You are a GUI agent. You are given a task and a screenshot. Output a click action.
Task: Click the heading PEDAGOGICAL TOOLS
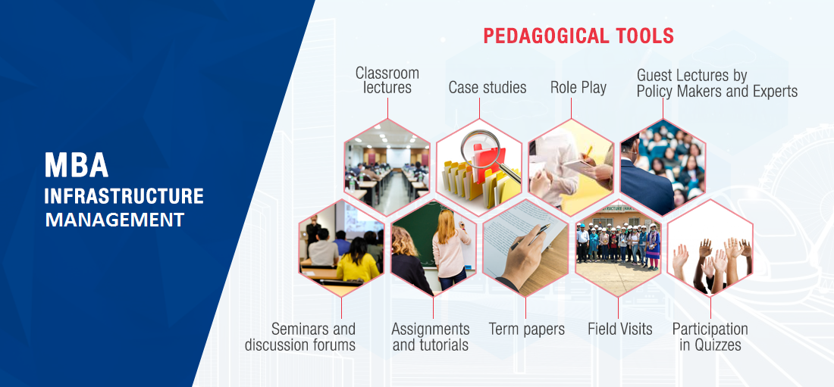point(578,36)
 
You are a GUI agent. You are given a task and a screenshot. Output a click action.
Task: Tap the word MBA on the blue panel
point(77,165)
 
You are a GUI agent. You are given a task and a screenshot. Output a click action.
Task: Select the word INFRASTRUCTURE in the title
point(124,196)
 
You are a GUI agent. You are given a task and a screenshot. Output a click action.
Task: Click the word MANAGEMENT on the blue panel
point(114,220)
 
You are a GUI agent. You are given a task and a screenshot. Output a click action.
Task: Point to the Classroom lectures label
point(387,80)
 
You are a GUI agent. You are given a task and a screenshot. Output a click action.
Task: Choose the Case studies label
point(488,87)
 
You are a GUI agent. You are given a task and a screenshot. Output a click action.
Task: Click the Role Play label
point(578,88)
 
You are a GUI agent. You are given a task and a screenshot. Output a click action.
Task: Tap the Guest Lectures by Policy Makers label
point(717,83)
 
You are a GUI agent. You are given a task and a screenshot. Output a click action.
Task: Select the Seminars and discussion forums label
point(300,336)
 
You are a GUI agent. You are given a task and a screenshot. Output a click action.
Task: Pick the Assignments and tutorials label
point(431,336)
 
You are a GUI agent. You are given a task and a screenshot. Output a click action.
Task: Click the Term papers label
point(527,329)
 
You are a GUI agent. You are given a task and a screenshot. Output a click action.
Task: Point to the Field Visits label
point(619,329)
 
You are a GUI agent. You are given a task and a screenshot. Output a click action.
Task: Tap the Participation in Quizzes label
point(710,336)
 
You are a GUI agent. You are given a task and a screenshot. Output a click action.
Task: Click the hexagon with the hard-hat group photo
point(618,248)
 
